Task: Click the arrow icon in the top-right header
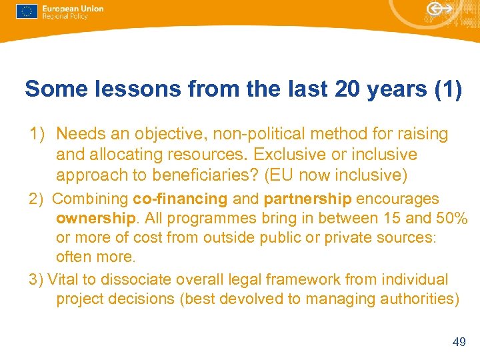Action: (x=438, y=9)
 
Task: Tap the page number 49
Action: (x=459, y=342)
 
